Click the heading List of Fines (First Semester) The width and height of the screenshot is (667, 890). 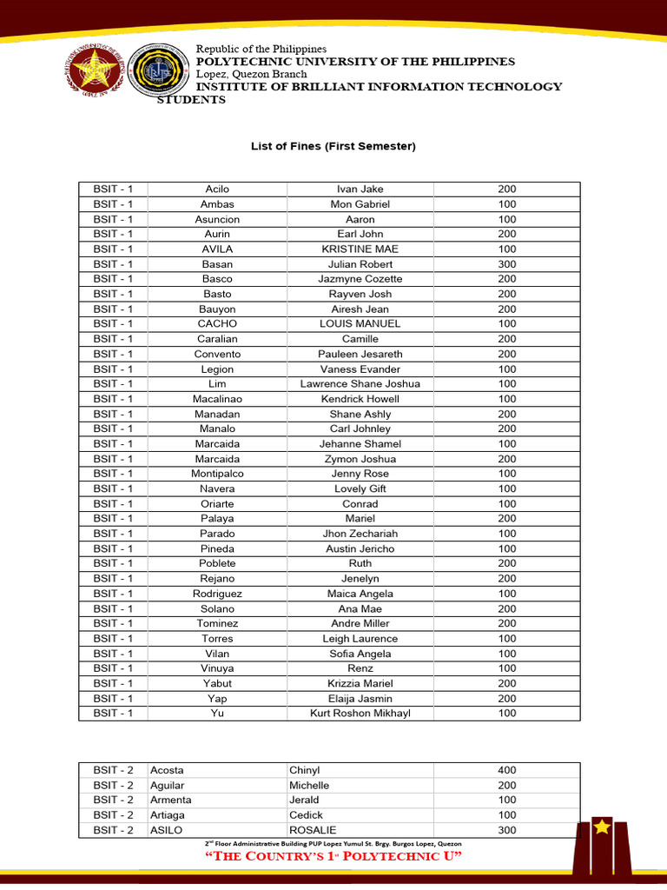[x=333, y=147]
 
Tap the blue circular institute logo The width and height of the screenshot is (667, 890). [x=157, y=71]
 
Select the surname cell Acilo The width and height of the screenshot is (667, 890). [x=217, y=189]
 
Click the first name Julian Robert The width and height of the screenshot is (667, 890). [x=360, y=264]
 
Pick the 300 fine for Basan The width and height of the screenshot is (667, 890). [x=507, y=264]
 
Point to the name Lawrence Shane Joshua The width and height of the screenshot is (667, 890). [x=360, y=384]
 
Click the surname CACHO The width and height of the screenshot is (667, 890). [x=217, y=324]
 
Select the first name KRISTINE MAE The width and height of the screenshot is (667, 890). [x=360, y=249]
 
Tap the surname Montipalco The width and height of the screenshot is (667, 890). [x=217, y=474]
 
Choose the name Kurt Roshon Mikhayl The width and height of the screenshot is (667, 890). [x=360, y=714]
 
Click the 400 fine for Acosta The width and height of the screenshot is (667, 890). [x=507, y=770]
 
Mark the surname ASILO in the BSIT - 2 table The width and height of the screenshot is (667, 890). [x=167, y=830]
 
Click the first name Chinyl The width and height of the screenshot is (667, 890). [x=305, y=770]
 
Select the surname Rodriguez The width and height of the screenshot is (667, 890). [x=217, y=594]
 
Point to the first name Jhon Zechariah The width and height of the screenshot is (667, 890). [x=360, y=534]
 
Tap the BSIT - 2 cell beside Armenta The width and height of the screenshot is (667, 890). [x=114, y=800]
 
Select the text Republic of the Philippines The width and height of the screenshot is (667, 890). [x=261, y=49]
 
